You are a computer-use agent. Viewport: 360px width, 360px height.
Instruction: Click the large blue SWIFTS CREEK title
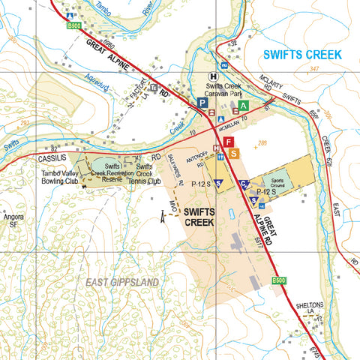pos(301,55)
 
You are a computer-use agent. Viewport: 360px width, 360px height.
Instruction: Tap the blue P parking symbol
pos(202,103)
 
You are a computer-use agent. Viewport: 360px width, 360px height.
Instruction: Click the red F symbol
pos(229,141)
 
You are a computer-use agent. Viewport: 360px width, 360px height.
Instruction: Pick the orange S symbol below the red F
pos(235,154)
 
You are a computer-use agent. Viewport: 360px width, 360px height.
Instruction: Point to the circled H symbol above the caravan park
pos(214,76)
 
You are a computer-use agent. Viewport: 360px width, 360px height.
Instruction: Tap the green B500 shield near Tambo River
pos(73,25)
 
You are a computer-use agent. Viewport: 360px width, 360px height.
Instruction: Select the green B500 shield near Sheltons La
pos(278,281)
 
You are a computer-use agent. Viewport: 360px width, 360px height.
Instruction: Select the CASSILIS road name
pos(52,159)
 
